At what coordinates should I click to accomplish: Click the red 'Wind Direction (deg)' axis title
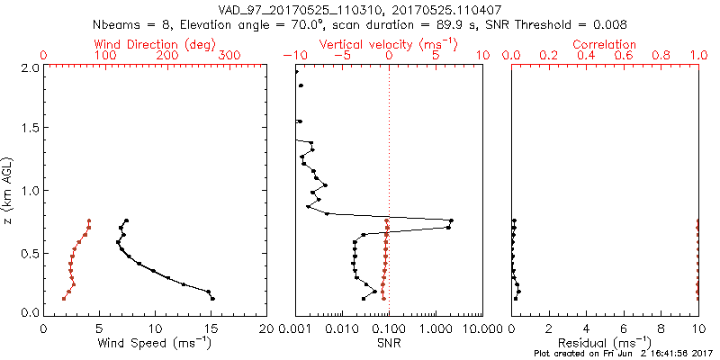pyautogui.click(x=156, y=44)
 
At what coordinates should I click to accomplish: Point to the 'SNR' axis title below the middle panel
pyautogui.click(x=389, y=344)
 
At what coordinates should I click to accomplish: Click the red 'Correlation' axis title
pyautogui.click(x=605, y=44)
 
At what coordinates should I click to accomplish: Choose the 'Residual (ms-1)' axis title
pyautogui.click(x=605, y=344)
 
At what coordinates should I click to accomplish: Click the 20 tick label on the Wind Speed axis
pyautogui.click(x=266, y=328)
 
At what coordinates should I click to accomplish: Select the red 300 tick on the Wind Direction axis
pyautogui.click(x=229, y=56)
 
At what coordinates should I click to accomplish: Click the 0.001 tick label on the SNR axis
pyautogui.click(x=295, y=328)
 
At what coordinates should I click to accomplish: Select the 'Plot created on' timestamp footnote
pyautogui.click(x=624, y=355)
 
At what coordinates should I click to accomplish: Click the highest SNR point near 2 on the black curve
pyautogui.click(x=451, y=220)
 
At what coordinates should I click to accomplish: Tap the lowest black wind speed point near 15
pyautogui.click(x=213, y=298)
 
